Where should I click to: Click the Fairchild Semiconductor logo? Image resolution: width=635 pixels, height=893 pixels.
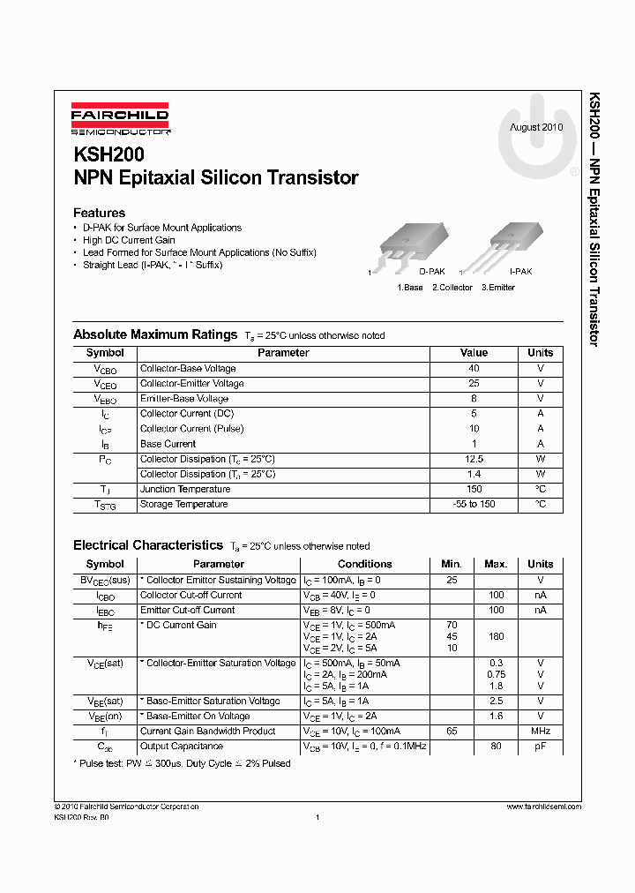click(120, 120)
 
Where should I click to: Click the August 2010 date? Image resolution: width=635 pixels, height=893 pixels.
click(535, 127)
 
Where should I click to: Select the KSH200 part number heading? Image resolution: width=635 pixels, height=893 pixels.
click(108, 154)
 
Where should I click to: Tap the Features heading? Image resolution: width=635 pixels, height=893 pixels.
click(99, 213)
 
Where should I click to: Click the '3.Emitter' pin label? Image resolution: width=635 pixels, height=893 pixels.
click(498, 288)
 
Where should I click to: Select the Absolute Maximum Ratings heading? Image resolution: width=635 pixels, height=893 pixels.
click(155, 335)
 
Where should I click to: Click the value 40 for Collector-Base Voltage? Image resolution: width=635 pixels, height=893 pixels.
click(474, 368)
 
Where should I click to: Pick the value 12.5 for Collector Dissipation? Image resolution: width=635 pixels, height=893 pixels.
click(474, 459)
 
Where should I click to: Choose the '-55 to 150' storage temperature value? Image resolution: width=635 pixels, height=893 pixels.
click(474, 504)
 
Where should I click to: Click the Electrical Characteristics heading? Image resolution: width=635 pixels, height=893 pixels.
click(148, 546)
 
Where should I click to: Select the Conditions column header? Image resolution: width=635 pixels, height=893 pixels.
click(364, 564)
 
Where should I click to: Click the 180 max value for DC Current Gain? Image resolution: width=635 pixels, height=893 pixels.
click(496, 636)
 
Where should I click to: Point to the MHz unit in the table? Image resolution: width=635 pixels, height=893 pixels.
click(540, 731)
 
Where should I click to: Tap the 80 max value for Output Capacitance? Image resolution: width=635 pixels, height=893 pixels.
click(496, 746)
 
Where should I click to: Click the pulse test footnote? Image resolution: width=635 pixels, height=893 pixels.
click(184, 763)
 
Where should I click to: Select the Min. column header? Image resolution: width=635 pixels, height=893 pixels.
click(452, 564)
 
